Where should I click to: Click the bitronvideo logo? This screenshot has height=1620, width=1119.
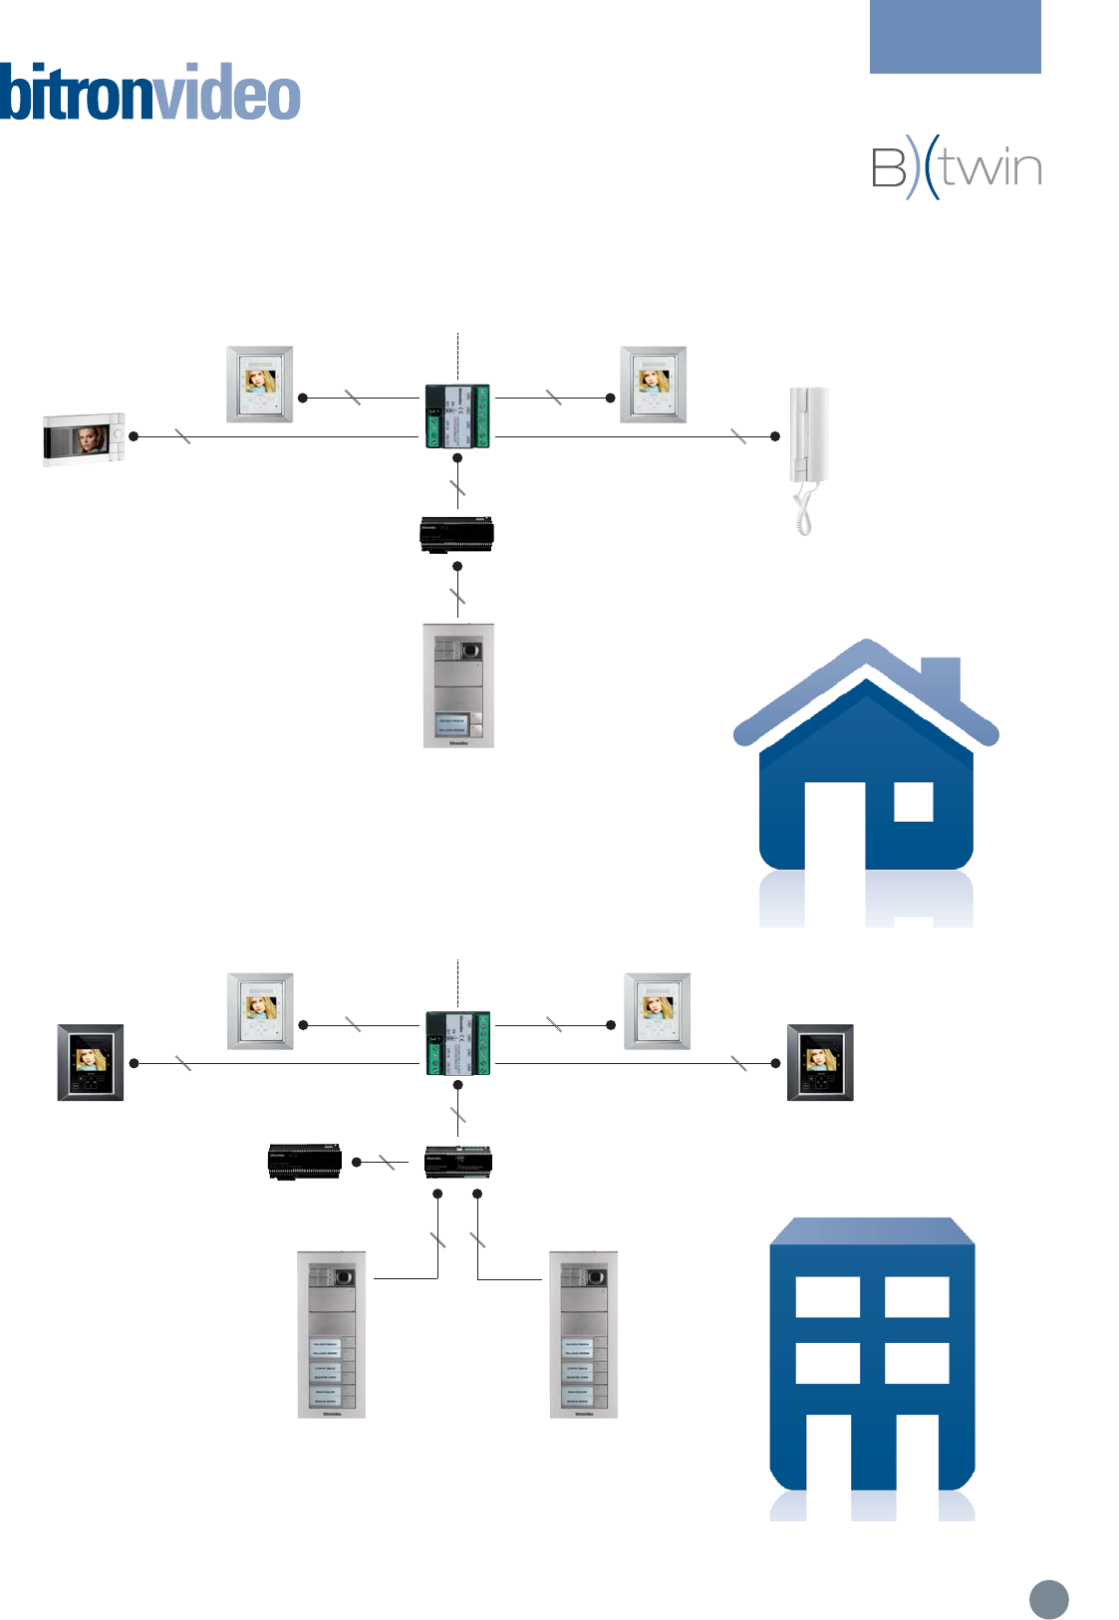pos(149,93)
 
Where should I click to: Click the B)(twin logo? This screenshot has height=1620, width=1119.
pos(956,167)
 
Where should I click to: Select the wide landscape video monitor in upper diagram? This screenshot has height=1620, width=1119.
pos(84,439)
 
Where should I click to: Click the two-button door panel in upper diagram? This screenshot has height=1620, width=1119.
pos(458,685)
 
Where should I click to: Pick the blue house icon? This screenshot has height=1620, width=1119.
pos(866,767)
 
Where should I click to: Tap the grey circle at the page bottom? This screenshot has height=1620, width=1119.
pos(1048,1599)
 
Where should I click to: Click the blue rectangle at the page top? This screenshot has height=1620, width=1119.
pos(955,37)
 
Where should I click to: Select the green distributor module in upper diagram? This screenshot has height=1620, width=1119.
pos(457,416)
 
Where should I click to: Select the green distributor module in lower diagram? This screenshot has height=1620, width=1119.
pos(457,1043)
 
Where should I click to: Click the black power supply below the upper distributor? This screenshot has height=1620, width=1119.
pos(456,535)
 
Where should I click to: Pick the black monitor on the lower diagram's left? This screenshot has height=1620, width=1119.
pos(91,1062)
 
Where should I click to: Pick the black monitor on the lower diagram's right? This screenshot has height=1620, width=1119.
pos(820,1062)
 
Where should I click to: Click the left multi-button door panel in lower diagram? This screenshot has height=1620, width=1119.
pos(332,1334)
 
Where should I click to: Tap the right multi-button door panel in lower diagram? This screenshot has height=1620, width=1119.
pos(584,1334)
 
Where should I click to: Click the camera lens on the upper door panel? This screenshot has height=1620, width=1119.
pos(472,651)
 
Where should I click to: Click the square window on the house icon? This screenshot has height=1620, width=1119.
pos(913,801)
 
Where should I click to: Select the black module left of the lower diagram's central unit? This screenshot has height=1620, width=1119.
pos(305,1162)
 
